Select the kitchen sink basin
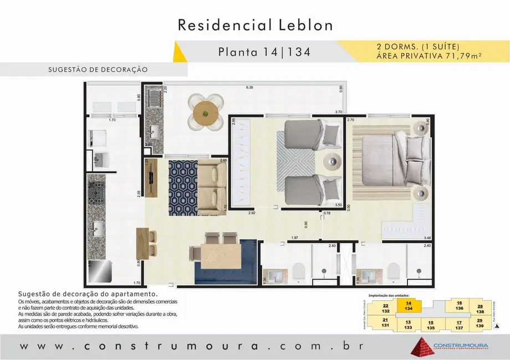(x=96, y=228)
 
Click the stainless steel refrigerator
(x=96, y=272)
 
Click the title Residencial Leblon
(x=255, y=25)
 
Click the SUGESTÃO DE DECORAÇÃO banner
(x=97, y=70)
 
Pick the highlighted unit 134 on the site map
(x=409, y=306)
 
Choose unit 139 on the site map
(x=480, y=323)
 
